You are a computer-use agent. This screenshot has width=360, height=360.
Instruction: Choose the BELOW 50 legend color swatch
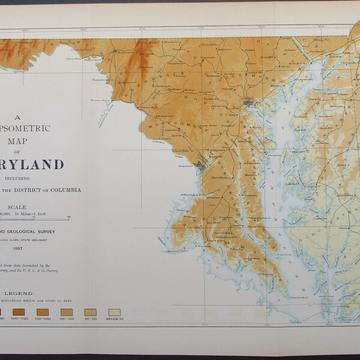[x=114, y=312]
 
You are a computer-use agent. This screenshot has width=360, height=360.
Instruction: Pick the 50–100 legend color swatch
[x=90, y=312]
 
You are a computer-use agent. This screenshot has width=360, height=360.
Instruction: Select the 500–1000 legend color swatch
[x=42, y=312]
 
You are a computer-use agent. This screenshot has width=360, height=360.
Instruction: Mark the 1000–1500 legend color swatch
[x=18, y=312]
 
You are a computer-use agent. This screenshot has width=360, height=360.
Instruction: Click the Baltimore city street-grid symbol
[x=249, y=106]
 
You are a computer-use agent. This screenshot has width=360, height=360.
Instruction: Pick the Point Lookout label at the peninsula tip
[x=286, y=296]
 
